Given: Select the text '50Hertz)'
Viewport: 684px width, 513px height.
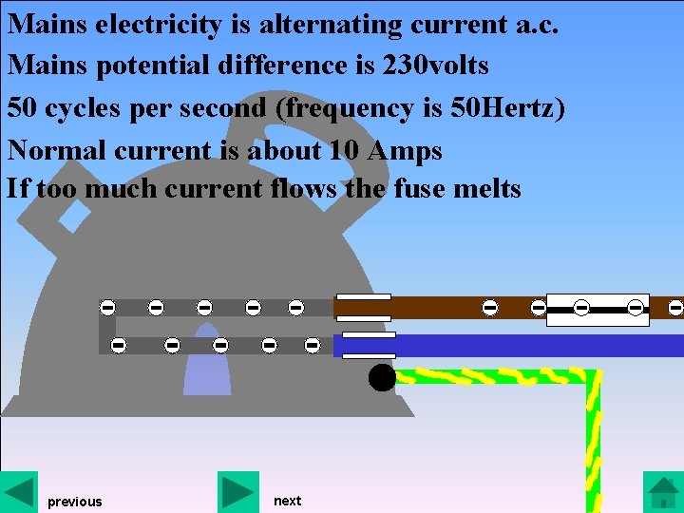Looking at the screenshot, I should point(511,108).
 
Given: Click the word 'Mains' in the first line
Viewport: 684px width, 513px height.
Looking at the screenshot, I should point(47,23).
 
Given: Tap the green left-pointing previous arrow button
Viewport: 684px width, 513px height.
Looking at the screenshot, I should point(19,491).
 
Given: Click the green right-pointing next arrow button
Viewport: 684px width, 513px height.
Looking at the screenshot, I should point(237,491).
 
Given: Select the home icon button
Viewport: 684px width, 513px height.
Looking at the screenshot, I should point(662,492).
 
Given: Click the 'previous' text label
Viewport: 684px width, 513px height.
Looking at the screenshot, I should point(74,502).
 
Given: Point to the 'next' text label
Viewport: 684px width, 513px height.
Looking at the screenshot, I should point(287,501).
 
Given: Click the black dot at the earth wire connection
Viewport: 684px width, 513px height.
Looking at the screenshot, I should point(382,378).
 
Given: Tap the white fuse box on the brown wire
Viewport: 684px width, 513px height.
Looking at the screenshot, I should point(598,309).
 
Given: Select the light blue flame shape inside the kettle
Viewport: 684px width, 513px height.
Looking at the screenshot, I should point(207,366).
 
